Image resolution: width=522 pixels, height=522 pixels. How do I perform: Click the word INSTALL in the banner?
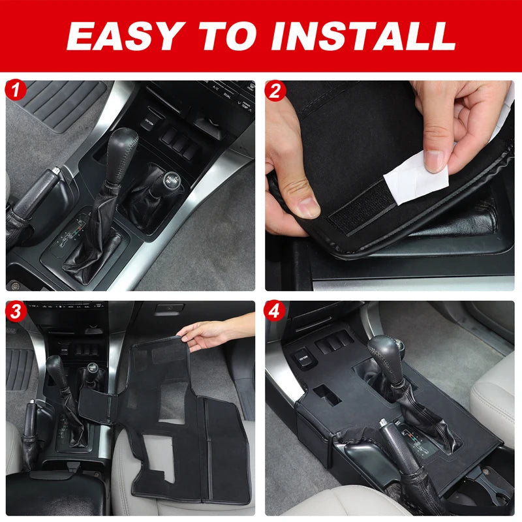coord(363,37)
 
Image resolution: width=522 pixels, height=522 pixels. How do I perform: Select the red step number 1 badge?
coord(15,90)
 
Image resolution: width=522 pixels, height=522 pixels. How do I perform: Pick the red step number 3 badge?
coord(16,312)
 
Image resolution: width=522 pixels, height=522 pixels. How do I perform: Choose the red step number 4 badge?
coord(274,312)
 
